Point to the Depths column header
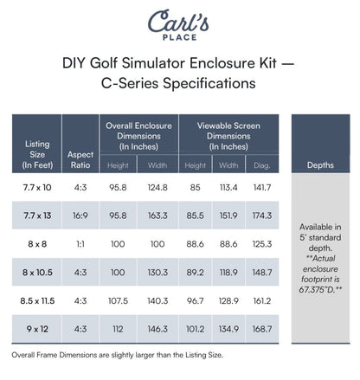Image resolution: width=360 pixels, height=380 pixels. point(322,164)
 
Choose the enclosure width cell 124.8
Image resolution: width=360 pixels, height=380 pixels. point(157,187)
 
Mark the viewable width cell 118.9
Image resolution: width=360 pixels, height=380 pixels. point(228,272)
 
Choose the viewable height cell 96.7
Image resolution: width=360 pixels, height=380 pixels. point(196,301)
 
